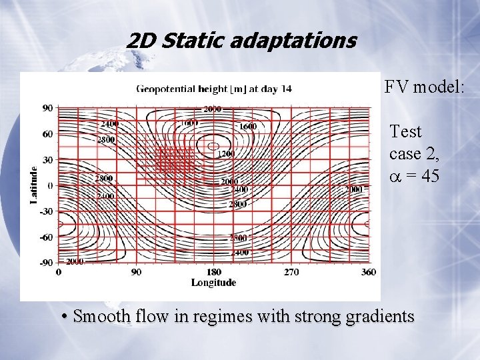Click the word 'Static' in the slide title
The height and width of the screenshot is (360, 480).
click(187, 41)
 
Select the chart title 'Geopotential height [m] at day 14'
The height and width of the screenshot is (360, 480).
click(213, 88)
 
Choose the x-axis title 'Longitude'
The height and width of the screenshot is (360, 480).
click(213, 282)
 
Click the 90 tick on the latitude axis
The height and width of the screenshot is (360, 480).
click(48, 107)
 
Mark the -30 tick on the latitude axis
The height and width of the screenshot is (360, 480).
click(46, 211)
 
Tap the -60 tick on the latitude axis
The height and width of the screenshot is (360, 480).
click(46, 237)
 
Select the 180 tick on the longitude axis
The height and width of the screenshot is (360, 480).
click(213, 271)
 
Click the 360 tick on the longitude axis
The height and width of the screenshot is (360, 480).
click(367, 271)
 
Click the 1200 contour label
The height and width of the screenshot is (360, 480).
click(225, 154)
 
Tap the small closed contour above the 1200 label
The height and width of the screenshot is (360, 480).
click(213, 146)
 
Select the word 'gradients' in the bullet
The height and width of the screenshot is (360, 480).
click(378, 316)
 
